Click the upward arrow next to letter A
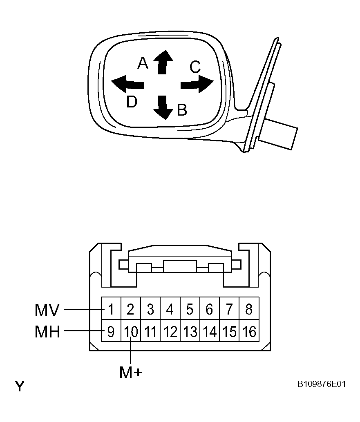(x=163, y=62)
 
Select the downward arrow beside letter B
(x=163, y=107)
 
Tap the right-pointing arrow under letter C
(x=197, y=84)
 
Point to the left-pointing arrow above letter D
(x=127, y=84)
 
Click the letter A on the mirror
(x=143, y=63)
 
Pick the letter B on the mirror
(x=182, y=110)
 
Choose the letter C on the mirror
(x=195, y=67)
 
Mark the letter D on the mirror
(x=132, y=102)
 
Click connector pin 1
(x=111, y=309)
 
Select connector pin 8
(x=249, y=309)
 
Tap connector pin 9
(x=111, y=331)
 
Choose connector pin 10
(x=131, y=331)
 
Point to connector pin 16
(x=249, y=331)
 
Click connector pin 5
(x=190, y=309)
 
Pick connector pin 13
(x=190, y=331)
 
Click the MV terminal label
(x=47, y=310)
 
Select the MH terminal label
(x=47, y=332)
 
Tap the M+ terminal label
(x=131, y=373)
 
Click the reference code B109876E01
(x=322, y=384)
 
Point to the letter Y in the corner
(x=20, y=386)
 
